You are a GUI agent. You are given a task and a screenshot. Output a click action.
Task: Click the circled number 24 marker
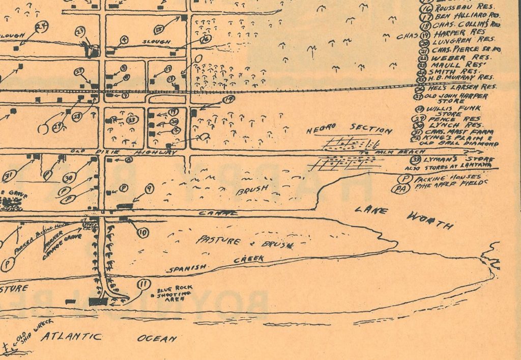tap(41, 27)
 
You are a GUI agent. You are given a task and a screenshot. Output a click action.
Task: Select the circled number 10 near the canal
tap(143, 233)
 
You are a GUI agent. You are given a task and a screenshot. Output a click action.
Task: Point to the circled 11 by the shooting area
tap(144, 285)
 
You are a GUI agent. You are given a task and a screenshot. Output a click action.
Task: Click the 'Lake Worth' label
tap(401, 216)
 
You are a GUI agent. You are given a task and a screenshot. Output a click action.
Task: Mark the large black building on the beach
tap(98, 301)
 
